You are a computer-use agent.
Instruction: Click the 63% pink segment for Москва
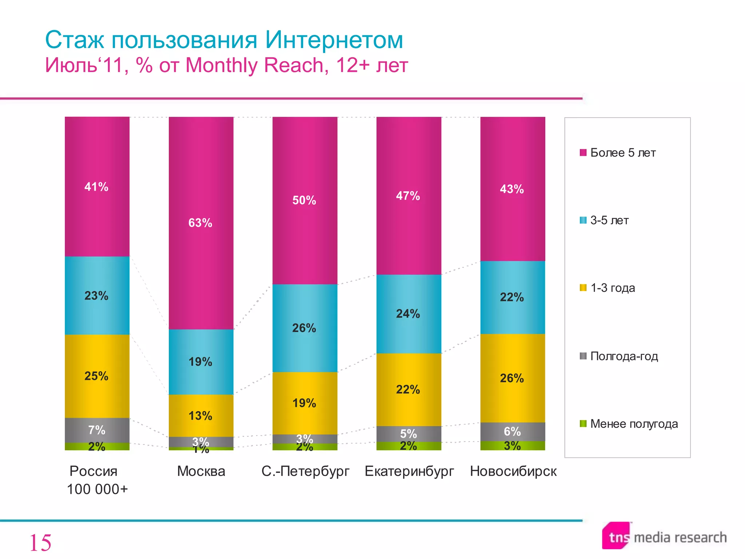pyautogui.click(x=201, y=223)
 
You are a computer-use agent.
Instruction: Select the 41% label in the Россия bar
pyautogui.click(x=96, y=187)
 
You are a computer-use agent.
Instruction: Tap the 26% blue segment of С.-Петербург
pyautogui.click(x=304, y=328)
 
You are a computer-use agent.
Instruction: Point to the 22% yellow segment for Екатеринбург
pyautogui.click(x=408, y=389)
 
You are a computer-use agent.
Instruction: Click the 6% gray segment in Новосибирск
pyautogui.click(x=512, y=431)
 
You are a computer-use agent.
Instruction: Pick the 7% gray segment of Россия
pyautogui.click(x=97, y=430)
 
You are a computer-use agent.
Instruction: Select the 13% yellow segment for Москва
pyautogui.click(x=200, y=416)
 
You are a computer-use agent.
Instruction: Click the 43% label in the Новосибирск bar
pyautogui.click(x=512, y=189)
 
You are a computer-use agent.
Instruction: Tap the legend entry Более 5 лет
pyautogui.click(x=622, y=152)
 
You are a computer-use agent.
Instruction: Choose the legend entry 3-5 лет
pyautogui.click(x=609, y=220)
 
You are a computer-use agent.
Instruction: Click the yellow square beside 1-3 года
pyautogui.click(x=583, y=288)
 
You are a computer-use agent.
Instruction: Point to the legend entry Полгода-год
pyautogui.click(x=624, y=356)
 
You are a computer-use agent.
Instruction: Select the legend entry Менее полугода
pyautogui.click(x=633, y=424)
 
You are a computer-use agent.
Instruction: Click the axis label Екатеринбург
pyautogui.click(x=409, y=471)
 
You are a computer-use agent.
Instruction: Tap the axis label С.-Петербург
pyautogui.click(x=305, y=471)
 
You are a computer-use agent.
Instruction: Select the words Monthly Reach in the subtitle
pyautogui.click(x=254, y=66)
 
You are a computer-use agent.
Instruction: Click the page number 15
pyautogui.click(x=40, y=543)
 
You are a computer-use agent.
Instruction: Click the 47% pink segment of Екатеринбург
pyautogui.click(x=408, y=196)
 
